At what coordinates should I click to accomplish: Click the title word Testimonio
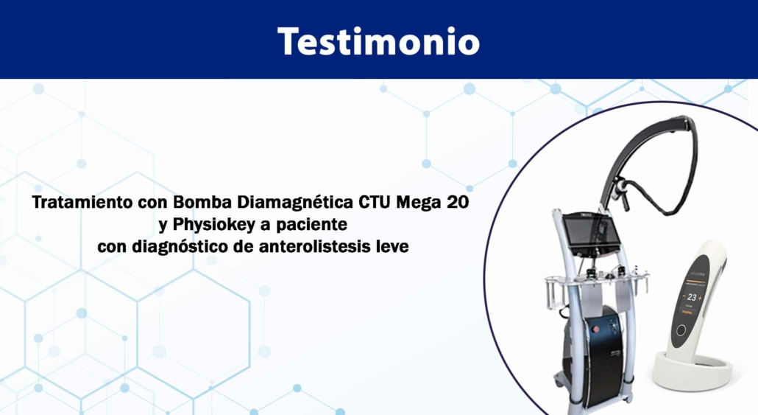pyautogui.click(x=378, y=41)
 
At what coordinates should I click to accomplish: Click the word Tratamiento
pyautogui.click(x=82, y=202)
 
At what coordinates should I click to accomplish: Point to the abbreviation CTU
pyautogui.click(x=375, y=202)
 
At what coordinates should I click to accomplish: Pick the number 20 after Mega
pyautogui.click(x=457, y=202)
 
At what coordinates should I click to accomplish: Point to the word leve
pyautogui.click(x=392, y=246)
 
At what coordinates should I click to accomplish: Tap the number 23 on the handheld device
pyautogui.click(x=692, y=297)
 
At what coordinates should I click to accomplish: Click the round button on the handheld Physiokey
pyautogui.click(x=681, y=331)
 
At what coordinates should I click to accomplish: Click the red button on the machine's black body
pyautogui.click(x=596, y=329)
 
